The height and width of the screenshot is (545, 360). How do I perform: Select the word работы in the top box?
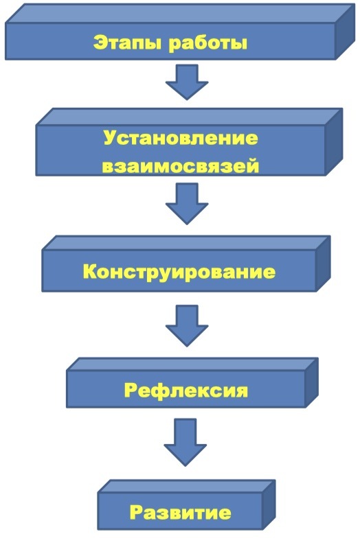[x=207, y=43]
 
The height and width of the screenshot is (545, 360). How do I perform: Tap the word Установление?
[x=181, y=139]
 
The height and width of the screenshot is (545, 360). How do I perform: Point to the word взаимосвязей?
[x=181, y=166]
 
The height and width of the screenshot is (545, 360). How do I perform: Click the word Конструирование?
[x=179, y=271]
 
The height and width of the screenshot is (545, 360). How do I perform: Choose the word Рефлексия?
[x=186, y=391]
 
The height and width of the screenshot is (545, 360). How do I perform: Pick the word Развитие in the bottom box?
[x=181, y=512]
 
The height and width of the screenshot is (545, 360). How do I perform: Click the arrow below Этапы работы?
[x=187, y=82]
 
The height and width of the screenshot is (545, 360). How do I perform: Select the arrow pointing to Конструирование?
[x=187, y=204]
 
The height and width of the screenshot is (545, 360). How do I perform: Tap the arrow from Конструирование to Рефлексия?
[x=187, y=325]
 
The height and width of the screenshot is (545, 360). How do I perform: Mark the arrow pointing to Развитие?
[x=185, y=442]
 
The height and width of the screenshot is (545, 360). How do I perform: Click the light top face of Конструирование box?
[x=186, y=243]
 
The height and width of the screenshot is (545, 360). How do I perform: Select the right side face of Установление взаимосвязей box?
[x=334, y=142]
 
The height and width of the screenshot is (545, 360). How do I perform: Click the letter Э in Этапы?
[x=100, y=43]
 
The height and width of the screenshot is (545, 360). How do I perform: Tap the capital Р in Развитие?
[x=137, y=511]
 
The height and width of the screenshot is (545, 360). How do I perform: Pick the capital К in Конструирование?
[x=90, y=271]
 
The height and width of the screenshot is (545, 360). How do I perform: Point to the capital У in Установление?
[x=111, y=138]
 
